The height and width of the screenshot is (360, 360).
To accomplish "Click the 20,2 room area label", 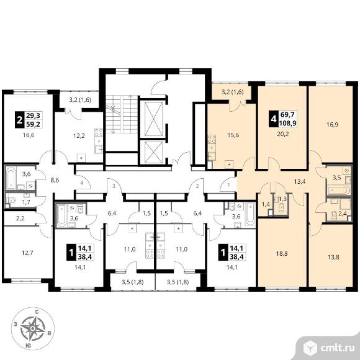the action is (282, 134).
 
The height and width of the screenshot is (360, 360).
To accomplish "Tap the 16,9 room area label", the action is (332, 125).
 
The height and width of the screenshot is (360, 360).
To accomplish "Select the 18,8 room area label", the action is (282, 254).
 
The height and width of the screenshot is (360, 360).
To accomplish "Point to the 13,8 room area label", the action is (333, 257).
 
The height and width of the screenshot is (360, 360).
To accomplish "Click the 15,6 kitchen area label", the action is (233, 135).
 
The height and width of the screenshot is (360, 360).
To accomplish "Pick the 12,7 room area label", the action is (27, 253).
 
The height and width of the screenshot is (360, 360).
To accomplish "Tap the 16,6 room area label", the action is (29, 135).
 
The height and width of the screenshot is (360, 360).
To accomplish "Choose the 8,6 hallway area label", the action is (55, 180).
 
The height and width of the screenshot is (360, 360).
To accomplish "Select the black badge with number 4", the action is (273, 119).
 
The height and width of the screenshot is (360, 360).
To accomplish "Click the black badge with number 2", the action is (19, 120).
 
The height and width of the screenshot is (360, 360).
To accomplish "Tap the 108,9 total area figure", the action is (287, 124).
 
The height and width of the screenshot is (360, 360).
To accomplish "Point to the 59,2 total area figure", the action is (33, 124).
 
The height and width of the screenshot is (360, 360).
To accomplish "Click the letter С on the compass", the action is (36, 312).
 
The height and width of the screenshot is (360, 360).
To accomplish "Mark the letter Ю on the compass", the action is (28, 346).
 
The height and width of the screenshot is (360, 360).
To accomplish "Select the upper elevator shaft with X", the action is (153, 119).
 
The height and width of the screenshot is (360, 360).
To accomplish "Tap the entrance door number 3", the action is (114, 186).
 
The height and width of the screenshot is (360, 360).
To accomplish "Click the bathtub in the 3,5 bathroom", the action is (339, 190).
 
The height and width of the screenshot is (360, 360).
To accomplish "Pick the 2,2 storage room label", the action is (20, 218).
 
